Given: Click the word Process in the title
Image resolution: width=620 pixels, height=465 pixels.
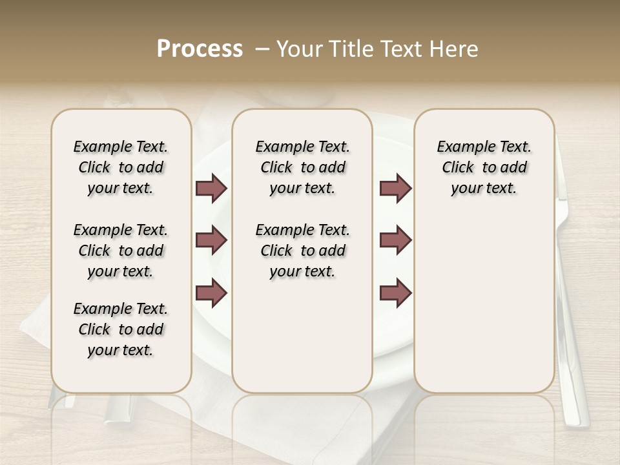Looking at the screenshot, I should point(200,49).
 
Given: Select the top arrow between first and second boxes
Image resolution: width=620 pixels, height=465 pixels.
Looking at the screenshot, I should point(211,189).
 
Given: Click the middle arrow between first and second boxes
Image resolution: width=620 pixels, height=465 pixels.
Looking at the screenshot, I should point(211,241).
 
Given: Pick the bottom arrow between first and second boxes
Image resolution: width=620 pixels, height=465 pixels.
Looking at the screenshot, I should point(211,293).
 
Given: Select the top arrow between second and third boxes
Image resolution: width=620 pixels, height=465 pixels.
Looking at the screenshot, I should point(395,189).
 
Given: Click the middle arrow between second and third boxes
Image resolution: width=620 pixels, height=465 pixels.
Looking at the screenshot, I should point(395,241).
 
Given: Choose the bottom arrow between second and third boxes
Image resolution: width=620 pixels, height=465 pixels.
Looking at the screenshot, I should point(395,293).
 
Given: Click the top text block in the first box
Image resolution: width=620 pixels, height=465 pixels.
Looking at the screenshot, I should point(121,167).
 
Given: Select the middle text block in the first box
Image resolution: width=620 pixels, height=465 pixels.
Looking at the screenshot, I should point(121,251).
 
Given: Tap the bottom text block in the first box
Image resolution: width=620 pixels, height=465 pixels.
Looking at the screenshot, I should point(121,329).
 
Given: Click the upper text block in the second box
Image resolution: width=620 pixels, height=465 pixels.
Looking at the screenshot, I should point(302,167).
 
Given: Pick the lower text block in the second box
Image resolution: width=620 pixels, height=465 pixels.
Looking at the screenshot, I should point(302,251).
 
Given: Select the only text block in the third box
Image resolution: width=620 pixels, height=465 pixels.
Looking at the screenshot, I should point(484,167).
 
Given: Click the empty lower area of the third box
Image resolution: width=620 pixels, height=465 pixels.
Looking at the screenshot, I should point(484,304).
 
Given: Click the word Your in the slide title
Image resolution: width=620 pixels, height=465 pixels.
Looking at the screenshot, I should point(298,49).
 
